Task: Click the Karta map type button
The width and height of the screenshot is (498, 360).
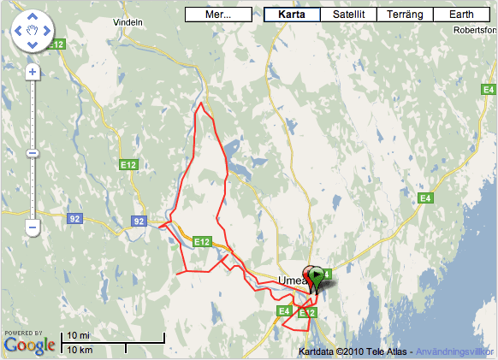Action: [x=292, y=15]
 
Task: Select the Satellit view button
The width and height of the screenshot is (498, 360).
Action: [x=347, y=15]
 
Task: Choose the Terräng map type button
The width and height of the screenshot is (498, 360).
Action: [x=405, y=15]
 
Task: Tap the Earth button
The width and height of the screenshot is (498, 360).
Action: [x=461, y=15]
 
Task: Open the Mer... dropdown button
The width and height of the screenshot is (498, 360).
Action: [x=218, y=15]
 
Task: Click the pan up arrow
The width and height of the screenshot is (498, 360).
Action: [x=33, y=17]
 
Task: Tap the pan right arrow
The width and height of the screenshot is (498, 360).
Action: [x=49, y=33]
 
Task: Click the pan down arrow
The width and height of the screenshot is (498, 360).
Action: [x=33, y=50]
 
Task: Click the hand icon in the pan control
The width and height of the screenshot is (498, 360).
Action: [x=33, y=33]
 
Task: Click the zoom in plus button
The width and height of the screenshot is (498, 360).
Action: [x=33, y=72]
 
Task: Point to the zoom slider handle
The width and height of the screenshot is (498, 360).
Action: [x=33, y=153]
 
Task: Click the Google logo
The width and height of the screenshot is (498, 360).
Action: [x=30, y=345]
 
